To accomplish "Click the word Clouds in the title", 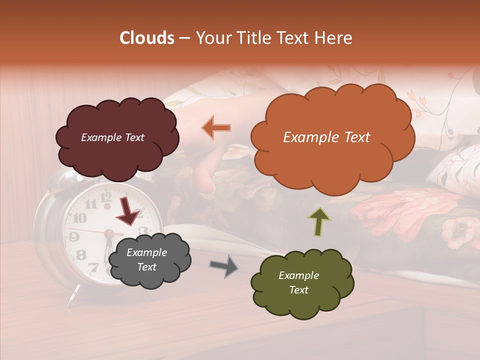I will [x=147, y=38].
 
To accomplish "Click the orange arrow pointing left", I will [x=216, y=127].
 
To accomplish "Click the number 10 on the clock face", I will [x=79, y=218].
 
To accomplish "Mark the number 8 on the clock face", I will [x=81, y=255].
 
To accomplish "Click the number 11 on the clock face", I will [x=91, y=204].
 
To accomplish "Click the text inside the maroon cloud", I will [x=112, y=137].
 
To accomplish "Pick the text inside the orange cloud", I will [x=326, y=137].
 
